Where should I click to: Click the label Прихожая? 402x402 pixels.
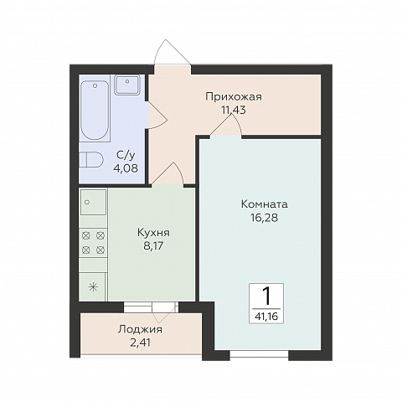(x=234, y=97)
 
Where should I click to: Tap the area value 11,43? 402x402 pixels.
(x=234, y=111)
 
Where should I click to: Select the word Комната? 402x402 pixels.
(x=264, y=204)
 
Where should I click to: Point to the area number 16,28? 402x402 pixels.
(x=264, y=218)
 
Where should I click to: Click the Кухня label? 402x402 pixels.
(x=153, y=233)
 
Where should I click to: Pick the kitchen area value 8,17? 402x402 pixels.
(x=153, y=246)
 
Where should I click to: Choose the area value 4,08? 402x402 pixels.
(x=126, y=168)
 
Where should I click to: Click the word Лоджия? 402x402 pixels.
(x=140, y=330)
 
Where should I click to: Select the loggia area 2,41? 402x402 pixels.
(x=141, y=343)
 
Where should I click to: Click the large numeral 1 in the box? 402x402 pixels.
(x=266, y=296)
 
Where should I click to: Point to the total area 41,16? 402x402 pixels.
(x=266, y=317)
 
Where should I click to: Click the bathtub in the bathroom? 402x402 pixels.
(x=95, y=110)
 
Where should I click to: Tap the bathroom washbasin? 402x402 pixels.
(x=127, y=85)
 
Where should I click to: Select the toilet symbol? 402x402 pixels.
(x=90, y=160)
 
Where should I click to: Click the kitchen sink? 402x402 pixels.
(x=94, y=202)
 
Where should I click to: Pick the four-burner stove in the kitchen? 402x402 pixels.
(x=93, y=243)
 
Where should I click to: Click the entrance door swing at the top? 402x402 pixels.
(x=173, y=53)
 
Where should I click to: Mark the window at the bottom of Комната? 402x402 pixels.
(x=259, y=354)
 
